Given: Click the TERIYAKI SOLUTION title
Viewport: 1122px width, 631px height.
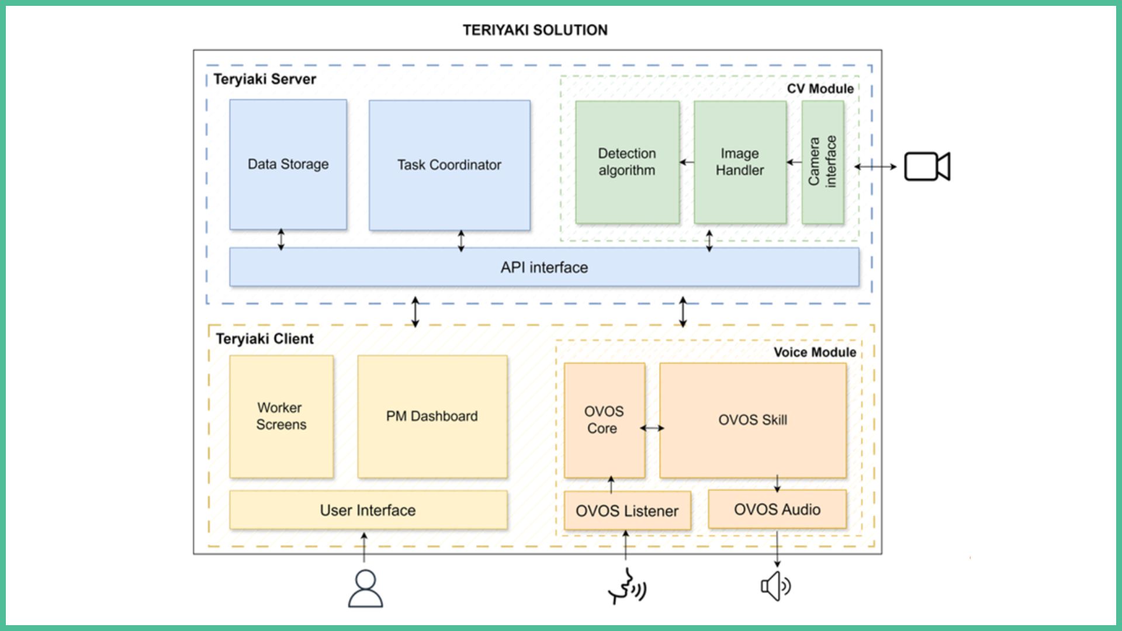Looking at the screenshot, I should click(x=535, y=30).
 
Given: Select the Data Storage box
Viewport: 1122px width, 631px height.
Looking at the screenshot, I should click(x=288, y=164).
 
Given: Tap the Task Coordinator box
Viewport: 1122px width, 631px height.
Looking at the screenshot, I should click(x=449, y=165).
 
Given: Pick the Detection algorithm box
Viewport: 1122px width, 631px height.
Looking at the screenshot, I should click(x=627, y=162).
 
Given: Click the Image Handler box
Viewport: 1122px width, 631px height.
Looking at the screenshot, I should click(x=740, y=162).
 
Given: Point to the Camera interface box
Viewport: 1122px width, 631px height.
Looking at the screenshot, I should click(x=822, y=162).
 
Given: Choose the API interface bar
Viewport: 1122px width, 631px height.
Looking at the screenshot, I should click(x=544, y=267).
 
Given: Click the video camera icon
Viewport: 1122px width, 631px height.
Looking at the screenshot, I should click(x=927, y=167).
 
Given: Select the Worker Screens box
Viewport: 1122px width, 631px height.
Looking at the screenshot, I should click(x=281, y=416).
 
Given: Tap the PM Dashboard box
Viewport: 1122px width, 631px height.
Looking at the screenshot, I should click(x=432, y=416).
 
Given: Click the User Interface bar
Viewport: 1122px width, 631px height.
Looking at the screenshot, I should click(x=368, y=510).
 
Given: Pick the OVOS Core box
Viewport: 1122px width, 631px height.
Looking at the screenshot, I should click(x=604, y=419).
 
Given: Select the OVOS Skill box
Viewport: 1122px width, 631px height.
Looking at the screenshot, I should click(x=753, y=419).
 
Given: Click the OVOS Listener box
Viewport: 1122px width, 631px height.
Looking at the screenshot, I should click(x=627, y=511).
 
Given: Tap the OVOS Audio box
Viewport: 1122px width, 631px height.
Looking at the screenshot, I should click(x=777, y=509).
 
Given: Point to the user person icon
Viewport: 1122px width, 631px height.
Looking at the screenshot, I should click(x=365, y=589).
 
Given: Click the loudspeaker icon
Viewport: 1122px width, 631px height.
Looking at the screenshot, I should click(x=775, y=586).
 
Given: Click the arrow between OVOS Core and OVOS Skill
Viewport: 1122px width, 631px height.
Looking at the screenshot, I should click(x=652, y=428).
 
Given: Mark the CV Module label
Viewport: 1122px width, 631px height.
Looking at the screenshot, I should click(x=820, y=89).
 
